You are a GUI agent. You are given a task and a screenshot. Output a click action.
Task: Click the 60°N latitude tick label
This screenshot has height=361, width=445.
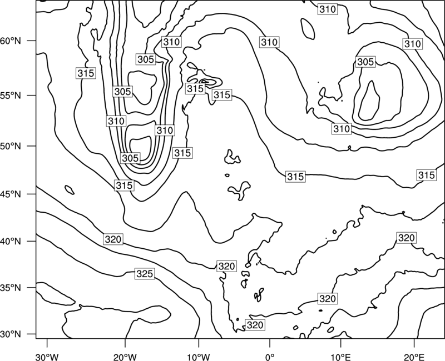pyautogui.click(x=11, y=41)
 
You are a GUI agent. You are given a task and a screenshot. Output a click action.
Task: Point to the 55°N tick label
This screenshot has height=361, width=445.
pyautogui.click(x=11, y=96)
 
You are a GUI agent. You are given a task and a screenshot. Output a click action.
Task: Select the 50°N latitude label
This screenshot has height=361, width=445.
pyautogui.click(x=11, y=146)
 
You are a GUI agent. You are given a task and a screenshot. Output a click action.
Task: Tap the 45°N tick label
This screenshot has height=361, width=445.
pyautogui.click(x=11, y=194)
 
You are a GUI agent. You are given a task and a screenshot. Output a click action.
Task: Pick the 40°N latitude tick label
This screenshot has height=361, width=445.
pyautogui.click(x=11, y=242)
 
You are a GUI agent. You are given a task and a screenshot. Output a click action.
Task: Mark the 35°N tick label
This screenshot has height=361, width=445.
pyautogui.click(x=11, y=288)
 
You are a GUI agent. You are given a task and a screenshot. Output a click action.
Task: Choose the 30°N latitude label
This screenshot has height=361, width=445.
pyautogui.click(x=11, y=334)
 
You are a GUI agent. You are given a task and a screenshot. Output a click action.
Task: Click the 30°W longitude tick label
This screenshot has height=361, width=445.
pyautogui.click(x=47, y=357)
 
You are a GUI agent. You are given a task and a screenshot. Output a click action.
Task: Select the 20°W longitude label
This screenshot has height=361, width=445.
pyautogui.click(x=125, y=357)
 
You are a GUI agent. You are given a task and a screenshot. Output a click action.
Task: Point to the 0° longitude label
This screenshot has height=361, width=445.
pyautogui.click(x=270, y=357)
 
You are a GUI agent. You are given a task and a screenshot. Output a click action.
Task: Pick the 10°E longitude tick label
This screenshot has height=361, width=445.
pyautogui.click(x=340, y=357)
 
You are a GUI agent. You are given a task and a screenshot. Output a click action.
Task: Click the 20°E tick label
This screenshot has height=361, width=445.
pyautogui.click(x=414, y=357)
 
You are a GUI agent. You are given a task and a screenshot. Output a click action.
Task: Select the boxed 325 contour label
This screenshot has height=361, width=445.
pyautogui.click(x=145, y=274)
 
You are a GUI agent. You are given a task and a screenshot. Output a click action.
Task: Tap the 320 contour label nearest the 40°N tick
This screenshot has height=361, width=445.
pyautogui.click(x=113, y=239)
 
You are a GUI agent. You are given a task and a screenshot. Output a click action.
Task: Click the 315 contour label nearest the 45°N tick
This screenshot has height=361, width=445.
pyautogui.click(x=124, y=185)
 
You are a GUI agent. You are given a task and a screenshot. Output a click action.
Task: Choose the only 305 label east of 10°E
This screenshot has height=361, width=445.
pyautogui.click(x=365, y=62)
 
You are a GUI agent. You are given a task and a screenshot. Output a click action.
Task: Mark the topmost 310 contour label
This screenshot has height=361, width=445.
pyautogui.click(x=328, y=9)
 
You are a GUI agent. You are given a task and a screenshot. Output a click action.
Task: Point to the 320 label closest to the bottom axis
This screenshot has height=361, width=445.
pyautogui.click(x=255, y=325)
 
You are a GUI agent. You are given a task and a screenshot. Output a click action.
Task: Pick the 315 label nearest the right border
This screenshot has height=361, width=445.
pyautogui.click(x=426, y=175)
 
